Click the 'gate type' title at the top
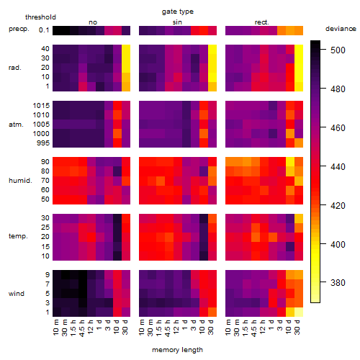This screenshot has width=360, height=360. pyautogui.click(x=178, y=12)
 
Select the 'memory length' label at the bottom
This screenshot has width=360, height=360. pyautogui.click(x=177, y=350)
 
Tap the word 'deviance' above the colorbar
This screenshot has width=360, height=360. pyautogui.click(x=341, y=29)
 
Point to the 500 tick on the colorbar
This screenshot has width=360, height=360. pyautogui.click(x=338, y=50)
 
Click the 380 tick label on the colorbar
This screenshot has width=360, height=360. pyautogui.click(x=338, y=283)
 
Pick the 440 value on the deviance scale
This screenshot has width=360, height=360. pyautogui.click(x=338, y=166)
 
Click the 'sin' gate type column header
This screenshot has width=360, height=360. pyautogui.click(x=177, y=22)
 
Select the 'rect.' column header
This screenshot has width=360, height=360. pyautogui.click(x=262, y=22)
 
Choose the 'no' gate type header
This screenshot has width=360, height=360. pyautogui.click(x=93, y=22)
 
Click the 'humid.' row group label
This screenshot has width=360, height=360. pyautogui.click(x=20, y=181)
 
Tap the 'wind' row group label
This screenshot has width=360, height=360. pyautogui.click(x=17, y=294)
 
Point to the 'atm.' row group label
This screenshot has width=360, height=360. pyautogui.click(x=16, y=125)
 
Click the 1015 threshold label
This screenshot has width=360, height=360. pyautogui.click(x=41, y=106)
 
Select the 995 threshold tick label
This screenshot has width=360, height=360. pyautogui.click(x=43, y=143)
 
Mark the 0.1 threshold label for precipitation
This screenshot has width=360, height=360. pyautogui.click(x=44, y=30)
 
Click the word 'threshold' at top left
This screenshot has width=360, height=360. pyautogui.click(x=40, y=17)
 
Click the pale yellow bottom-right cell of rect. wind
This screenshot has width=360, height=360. pyautogui.click(x=299, y=312)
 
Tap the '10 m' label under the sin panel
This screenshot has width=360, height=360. pyautogui.click(x=142, y=328)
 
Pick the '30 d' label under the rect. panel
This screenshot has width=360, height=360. pyautogui.click(x=297, y=328)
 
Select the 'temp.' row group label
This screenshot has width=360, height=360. pyautogui.click(x=18, y=236)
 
